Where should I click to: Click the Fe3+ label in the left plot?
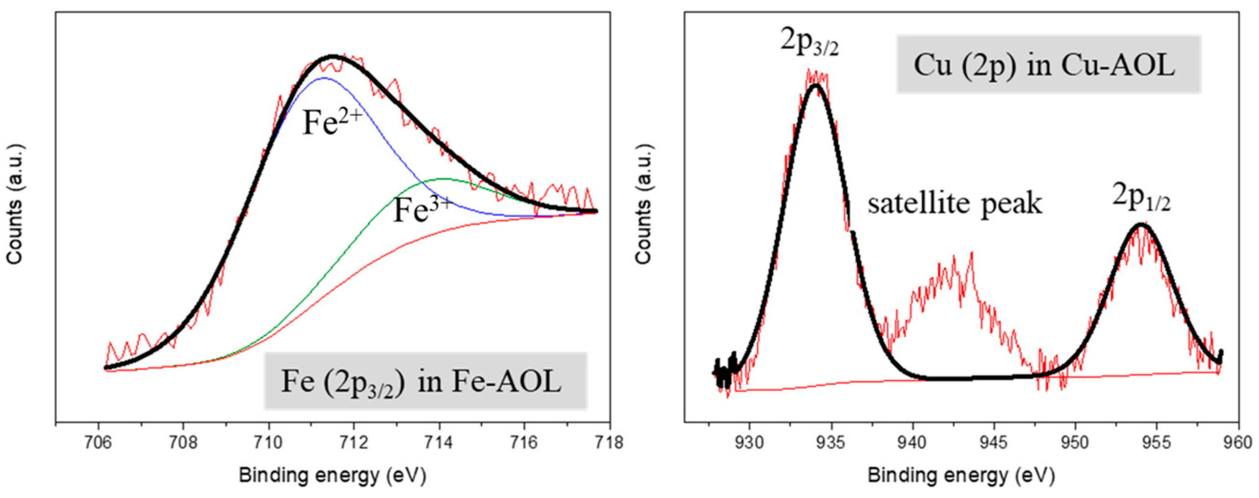tap(423, 210)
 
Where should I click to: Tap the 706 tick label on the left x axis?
tap(98, 443)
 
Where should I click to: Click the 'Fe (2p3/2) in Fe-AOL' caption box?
tap(425, 381)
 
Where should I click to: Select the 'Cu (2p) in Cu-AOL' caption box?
tap(1048, 64)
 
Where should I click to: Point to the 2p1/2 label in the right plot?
tap(1141, 197)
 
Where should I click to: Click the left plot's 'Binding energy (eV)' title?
tap(332, 475)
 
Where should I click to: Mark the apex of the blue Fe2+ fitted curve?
tap(324, 78)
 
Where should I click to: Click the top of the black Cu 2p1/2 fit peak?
tap(1141, 224)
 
